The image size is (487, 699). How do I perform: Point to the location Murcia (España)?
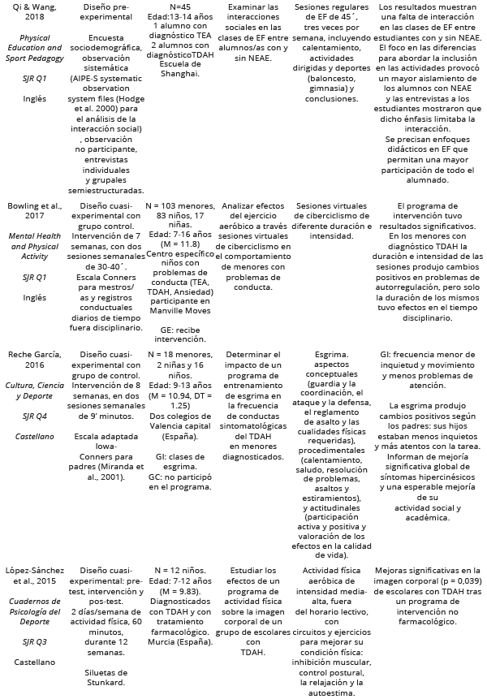180,642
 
